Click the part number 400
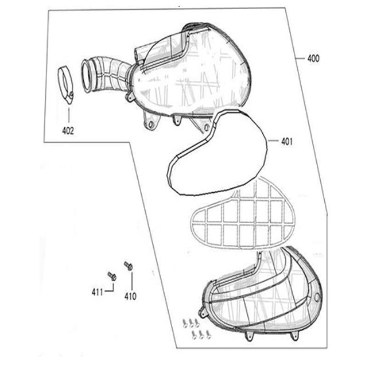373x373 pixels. (313, 59)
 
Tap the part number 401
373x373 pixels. (287, 142)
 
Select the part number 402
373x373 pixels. (68, 131)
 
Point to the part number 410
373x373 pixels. (130, 297)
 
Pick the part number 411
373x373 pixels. (98, 292)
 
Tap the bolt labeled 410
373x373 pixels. (128, 266)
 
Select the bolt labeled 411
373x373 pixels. (112, 276)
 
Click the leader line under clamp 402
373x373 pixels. (69, 115)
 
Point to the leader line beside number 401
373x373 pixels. (273, 141)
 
